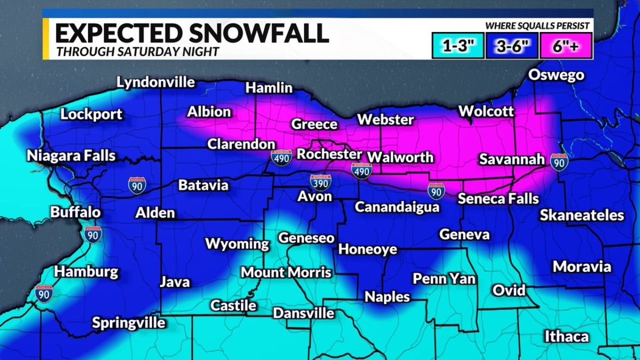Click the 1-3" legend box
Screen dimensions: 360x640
(x=458, y=46)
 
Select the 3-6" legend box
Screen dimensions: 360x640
(x=511, y=46)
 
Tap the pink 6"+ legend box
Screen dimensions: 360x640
(x=565, y=46)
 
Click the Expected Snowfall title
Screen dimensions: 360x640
(x=191, y=33)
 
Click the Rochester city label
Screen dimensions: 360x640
(x=329, y=154)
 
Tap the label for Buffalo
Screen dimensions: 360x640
(x=75, y=211)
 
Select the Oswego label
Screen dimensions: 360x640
(x=556, y=75)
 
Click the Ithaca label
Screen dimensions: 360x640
(x=566, y=336)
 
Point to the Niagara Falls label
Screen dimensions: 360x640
(x=71, y=155)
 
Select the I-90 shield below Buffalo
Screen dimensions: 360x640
(x=93, y=233)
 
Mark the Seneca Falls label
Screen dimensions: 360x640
(x=498, y=198)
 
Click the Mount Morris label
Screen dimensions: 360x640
(x=286, y=272)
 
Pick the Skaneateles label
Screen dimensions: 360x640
(x=582, y=215)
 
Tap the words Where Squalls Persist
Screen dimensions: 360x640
(x=537, y=26)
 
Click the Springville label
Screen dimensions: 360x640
(x=128, y=322)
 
